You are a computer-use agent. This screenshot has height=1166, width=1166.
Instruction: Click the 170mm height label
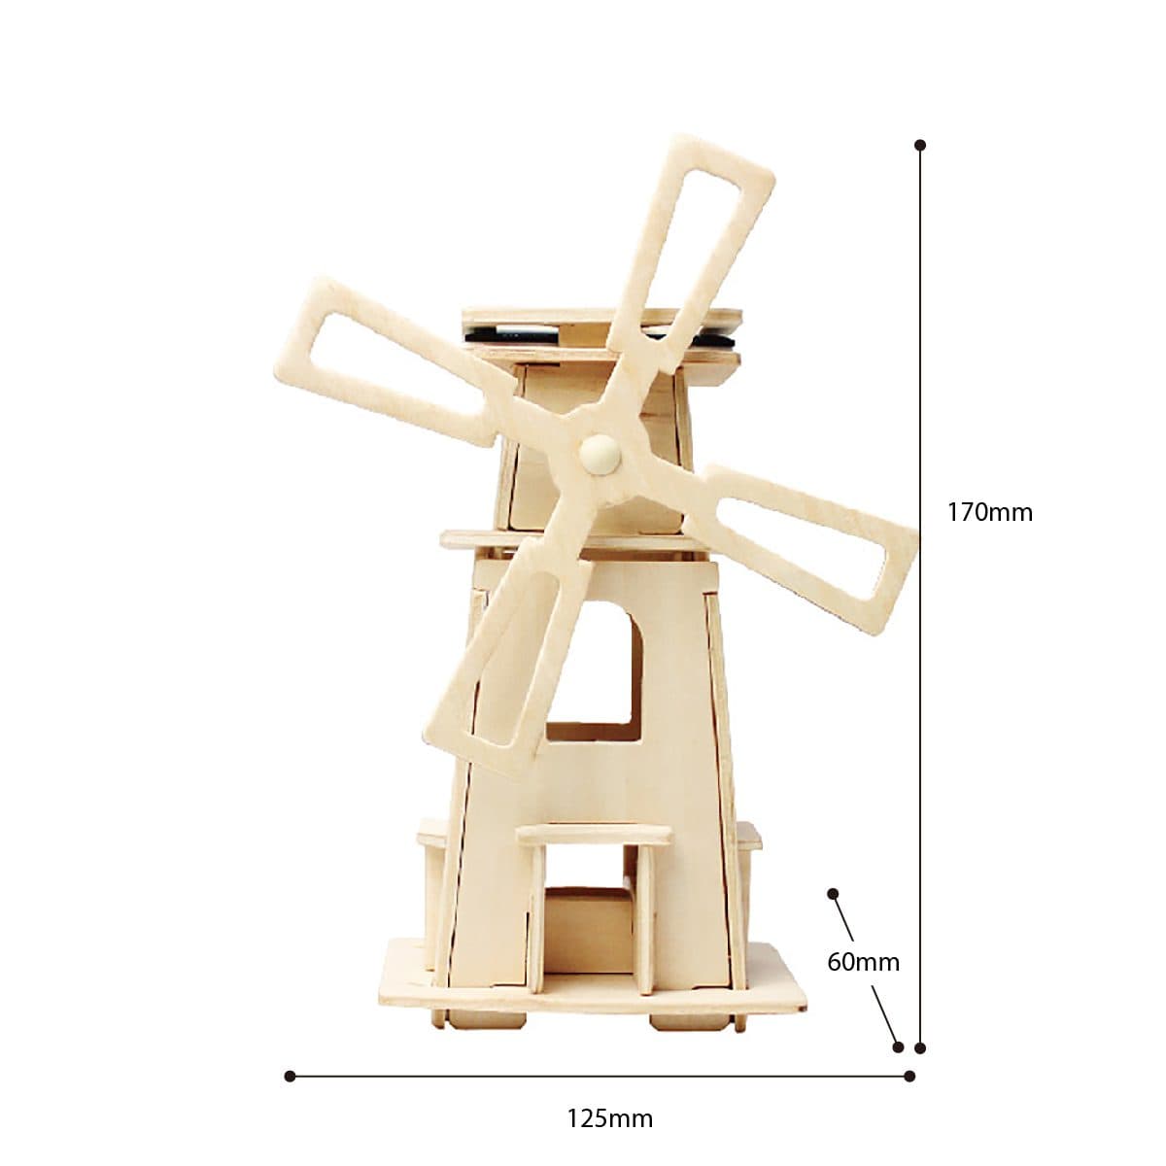coord(989,512)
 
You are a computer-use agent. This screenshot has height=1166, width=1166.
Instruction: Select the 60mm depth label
coord(863,962)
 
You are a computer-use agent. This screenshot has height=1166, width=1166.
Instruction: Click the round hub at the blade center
coord(600,452)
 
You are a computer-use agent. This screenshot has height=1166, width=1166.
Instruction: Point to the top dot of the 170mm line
coord(920,145)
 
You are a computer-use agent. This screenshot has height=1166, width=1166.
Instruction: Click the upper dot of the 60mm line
coord(833,894)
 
